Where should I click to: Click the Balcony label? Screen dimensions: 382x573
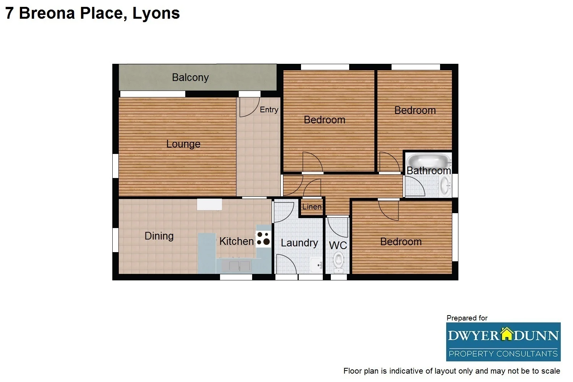190,78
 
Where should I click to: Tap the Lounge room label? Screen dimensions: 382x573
183,144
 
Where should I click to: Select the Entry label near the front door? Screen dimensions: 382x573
269,110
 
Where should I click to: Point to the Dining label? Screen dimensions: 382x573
159,236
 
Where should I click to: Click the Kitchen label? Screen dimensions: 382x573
236,241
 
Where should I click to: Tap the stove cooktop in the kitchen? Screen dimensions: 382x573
263,239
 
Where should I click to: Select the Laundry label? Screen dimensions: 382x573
299,243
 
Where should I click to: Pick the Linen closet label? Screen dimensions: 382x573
312,207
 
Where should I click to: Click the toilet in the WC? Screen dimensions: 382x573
338,262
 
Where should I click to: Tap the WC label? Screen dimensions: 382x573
338,245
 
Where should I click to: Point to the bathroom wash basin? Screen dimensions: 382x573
445,187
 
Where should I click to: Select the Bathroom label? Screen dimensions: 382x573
429,171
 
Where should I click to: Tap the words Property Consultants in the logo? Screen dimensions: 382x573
503,354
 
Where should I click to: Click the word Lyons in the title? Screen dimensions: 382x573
156,13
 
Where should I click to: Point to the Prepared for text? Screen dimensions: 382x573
467,318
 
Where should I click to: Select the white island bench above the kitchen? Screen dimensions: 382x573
209,204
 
